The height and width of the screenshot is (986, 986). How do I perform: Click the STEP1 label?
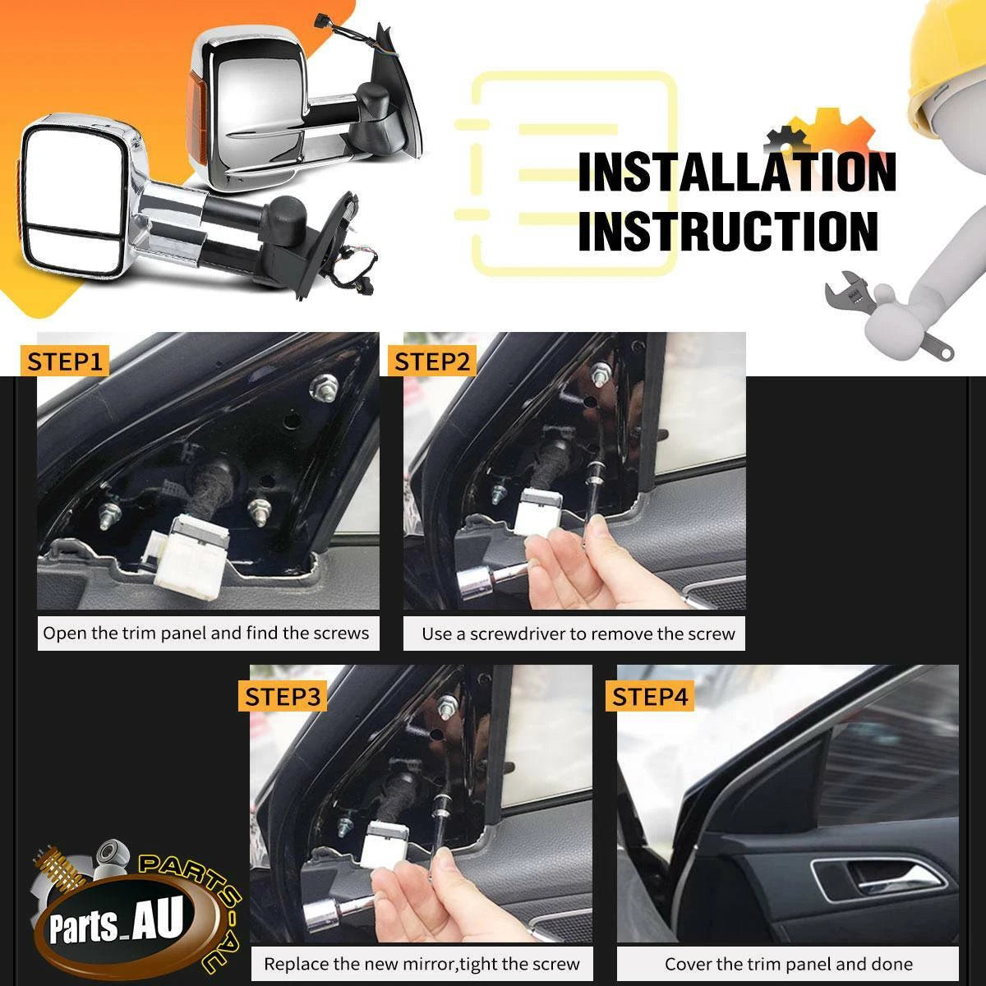coord(64,362)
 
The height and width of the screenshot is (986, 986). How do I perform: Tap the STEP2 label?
coord(432,362)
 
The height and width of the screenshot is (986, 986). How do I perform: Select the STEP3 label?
coord(283,697)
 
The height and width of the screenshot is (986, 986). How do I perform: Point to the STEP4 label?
coord(650,697)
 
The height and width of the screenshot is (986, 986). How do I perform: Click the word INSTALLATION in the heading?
coord(737,173)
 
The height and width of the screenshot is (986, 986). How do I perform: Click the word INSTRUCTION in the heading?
coord(728,231)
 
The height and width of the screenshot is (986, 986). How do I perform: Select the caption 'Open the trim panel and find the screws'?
coord(205,634)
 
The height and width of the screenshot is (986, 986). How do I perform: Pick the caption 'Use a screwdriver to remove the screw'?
coord(578,634)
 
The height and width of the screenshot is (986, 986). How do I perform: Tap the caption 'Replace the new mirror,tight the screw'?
coord(422,964)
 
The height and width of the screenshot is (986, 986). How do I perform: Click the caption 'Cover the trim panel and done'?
coord(789,964)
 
